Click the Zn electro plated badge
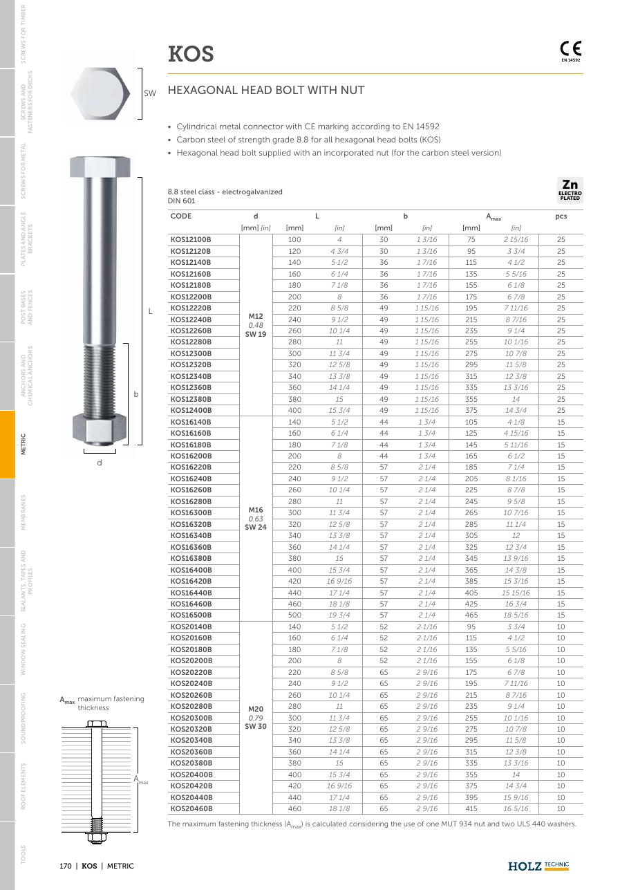[x=570, y=190]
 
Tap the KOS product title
[x=191, y=54]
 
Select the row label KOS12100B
[x=191, y=239]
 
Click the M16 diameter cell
[x=256, y=510]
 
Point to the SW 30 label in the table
[x=256, y=726]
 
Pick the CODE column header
[x=180, y=216]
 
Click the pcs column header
[x=561, y=216]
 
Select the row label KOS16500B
[x=191, y=615]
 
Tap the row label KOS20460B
[x=191, y=808]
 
